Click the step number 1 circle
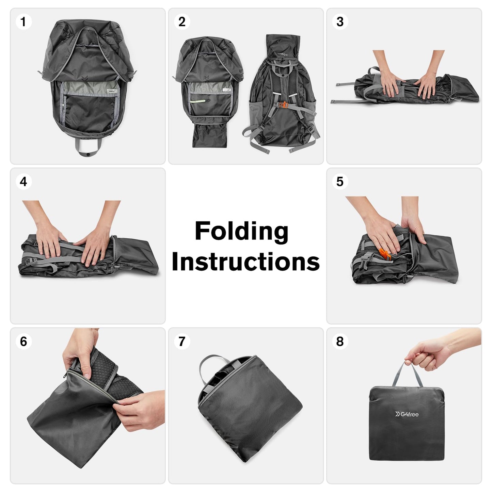click(23, 22)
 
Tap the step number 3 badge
click(339, 22)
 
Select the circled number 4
click(23, 181)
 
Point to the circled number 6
click(23, 341)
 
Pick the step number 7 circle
click(181, 341)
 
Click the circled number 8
click(339, 341)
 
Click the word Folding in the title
click(241, 232)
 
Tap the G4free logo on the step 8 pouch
click(407, 414)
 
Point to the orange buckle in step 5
click(385, 254)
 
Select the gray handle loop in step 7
click(211, 364)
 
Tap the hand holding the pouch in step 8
click(426, 354)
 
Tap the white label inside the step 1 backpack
click(112, 92)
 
